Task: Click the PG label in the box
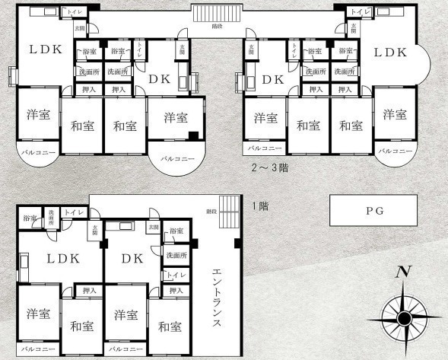[373, 210]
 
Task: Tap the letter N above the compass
[403, 272]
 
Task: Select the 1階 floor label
[259, 205]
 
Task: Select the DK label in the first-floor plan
[133, 258]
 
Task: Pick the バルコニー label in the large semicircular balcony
[177, 160]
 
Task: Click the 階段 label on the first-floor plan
[211, 211]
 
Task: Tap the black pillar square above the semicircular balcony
[194, 135]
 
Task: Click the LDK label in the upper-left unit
[46, 50]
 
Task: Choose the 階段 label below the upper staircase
[218, 26]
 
